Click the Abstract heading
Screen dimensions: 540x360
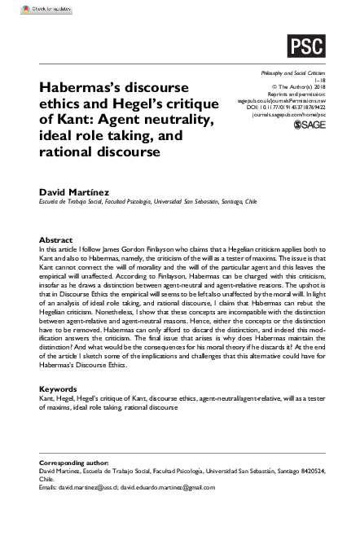click(x=56, y=240)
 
